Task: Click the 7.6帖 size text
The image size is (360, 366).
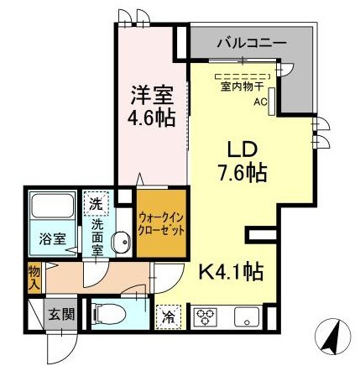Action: coord(237,174)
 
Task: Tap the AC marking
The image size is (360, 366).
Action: coord(261,102)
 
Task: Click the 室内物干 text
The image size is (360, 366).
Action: coord(242,86)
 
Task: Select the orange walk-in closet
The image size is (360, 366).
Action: coord(160,223)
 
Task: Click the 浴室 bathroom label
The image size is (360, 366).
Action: coord(49,238)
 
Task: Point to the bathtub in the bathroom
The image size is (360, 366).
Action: coord(52,210)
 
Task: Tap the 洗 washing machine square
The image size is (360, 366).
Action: coord(95,204)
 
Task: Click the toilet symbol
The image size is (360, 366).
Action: coord(107,313)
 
